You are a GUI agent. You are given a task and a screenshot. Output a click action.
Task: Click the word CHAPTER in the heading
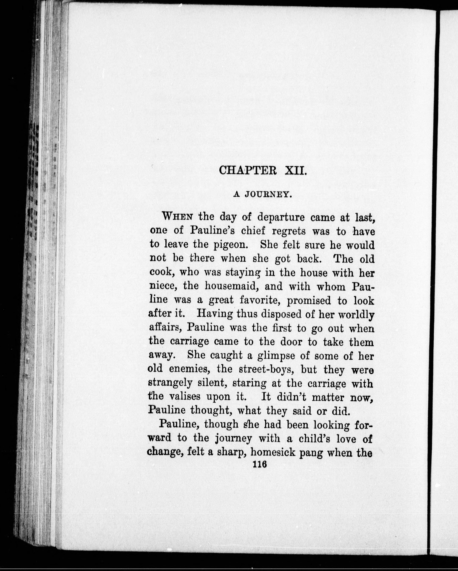click(248, 170)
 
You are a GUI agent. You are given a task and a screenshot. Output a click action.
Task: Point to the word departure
click(281, 217)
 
